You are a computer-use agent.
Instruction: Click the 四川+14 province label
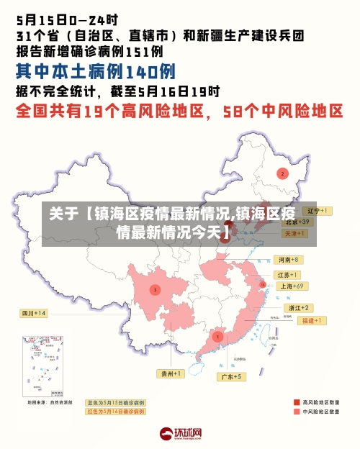click(x=32, y=313)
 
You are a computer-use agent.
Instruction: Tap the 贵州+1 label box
click(x=171, y=373)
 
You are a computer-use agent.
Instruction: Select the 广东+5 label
click(x=231, y=376)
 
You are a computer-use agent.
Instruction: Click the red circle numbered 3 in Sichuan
click(x=154, y=289)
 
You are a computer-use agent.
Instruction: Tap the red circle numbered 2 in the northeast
click(x=282, y=173)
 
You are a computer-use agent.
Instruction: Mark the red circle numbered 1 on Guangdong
click(x=217, y=336)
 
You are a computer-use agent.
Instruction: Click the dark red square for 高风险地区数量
click(x=296, y=402)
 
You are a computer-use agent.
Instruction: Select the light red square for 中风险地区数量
click(x=296, y=413)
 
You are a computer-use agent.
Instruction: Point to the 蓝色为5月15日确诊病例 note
click(x=116, y=402)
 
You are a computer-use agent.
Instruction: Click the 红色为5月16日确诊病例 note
click(x=116, y=412)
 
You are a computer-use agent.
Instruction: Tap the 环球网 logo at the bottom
click(x=180, y=434)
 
